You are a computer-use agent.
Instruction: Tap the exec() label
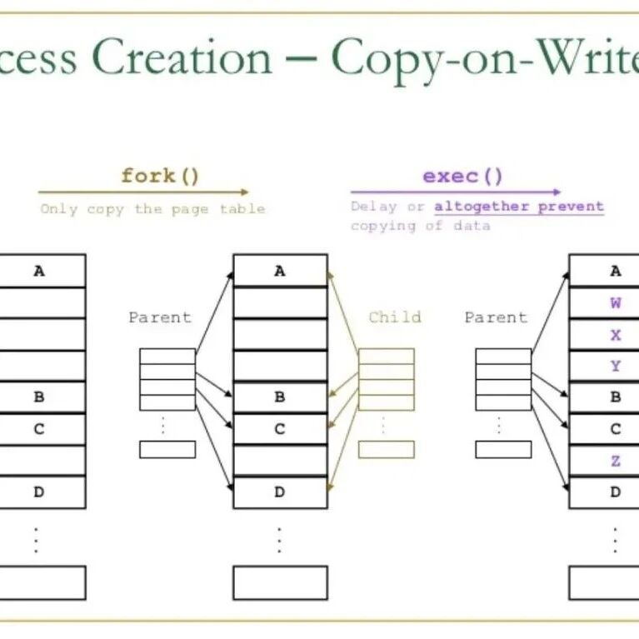tap(463, 176)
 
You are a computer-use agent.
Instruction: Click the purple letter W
tap(616, 303)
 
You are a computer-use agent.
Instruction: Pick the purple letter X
tap(616, 335)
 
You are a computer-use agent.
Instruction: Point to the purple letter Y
tap(616, 366)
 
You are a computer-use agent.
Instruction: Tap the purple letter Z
tap(616, 461)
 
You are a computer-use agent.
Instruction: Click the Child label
tap(395, 317)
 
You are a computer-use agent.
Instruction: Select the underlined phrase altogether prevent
tap(518, 207)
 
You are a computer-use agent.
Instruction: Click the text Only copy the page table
tap(152, 209)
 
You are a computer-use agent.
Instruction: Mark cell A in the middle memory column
tap(280, 271)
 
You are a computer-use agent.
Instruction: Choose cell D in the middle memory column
tap(280, 492)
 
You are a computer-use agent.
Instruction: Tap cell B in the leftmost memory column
tap(39, 397)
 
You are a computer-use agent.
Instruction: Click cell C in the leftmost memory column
tap(39, 429)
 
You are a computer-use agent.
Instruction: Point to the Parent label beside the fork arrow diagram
tap(160, 317)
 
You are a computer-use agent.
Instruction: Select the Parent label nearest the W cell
tap(496, 317)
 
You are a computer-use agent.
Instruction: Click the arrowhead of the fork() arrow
tap(244, 192)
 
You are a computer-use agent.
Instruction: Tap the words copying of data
tap(420, 226)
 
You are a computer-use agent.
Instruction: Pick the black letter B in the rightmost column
tap(616, 397)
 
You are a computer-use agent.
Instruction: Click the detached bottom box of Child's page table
tap(386, 449)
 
